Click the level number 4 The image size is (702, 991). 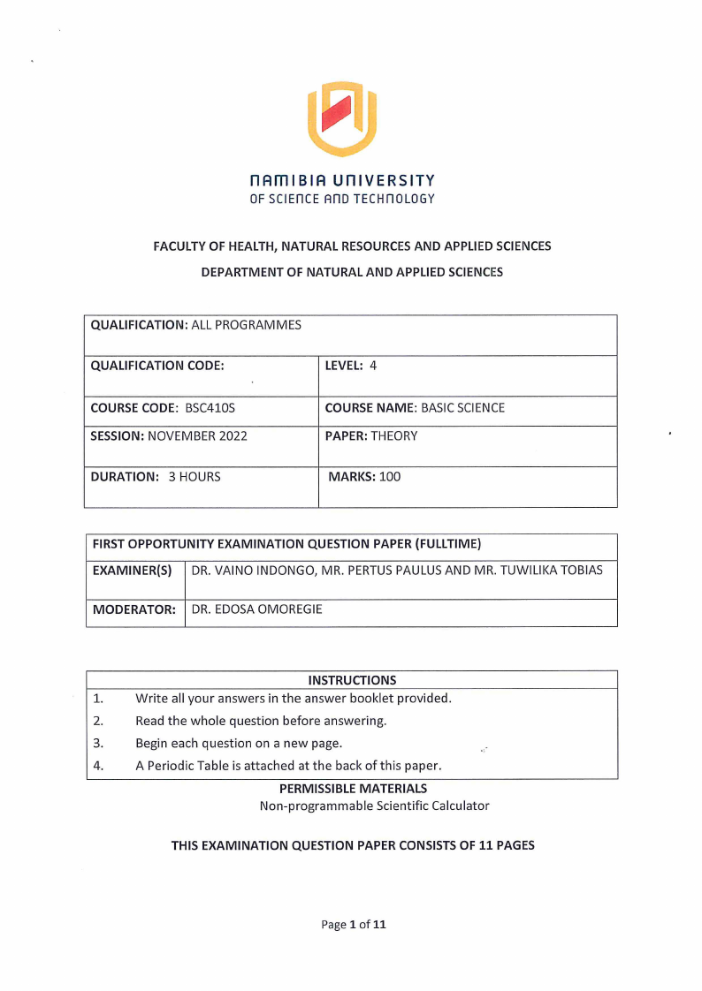[x=373, y=365]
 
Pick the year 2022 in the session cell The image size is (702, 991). [x=233, y=435]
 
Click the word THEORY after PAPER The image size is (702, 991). [x=394, y=435]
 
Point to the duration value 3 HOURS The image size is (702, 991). [x=195, y=477]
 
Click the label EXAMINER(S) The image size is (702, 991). [x=132, y=571]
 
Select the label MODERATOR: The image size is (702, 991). [x=134, y=609]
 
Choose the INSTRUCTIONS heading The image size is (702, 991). [x=352, y=680]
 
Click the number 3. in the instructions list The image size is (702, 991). [x=98, y=743]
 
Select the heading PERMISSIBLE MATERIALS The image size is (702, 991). [x=353, y=788]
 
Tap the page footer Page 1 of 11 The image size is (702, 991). [x=354, y=925]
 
